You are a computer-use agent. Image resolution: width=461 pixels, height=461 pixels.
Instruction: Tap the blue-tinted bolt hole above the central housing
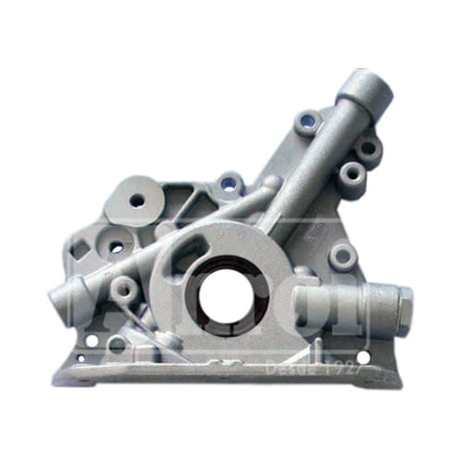click(x=228, y=184)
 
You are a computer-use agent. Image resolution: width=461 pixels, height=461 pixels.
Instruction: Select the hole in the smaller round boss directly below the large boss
click(x=116, y=247)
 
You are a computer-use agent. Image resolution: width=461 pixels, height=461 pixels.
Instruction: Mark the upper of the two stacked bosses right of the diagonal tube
click(x=368, y=148)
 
